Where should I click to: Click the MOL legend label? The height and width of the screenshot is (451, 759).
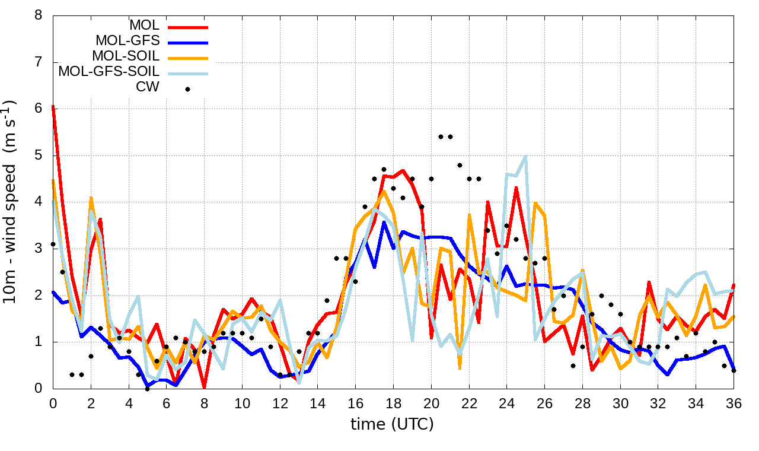pos(144,26)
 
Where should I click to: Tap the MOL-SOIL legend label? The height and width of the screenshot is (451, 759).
pos(126,56)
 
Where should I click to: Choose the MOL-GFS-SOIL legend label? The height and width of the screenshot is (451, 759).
pos(109,72)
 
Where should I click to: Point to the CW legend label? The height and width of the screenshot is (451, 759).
pos(148,87)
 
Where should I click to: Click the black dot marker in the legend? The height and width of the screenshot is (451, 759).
pos(187,89)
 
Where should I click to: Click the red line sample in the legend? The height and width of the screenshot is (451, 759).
pos(187,27)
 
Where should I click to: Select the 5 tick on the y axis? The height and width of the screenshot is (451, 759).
pos(39,155)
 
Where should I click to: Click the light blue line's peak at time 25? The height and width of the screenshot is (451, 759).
pos(525,156)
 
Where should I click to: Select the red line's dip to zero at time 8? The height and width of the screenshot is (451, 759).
pos(205,388)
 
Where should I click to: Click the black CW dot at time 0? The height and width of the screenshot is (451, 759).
pos(53,244)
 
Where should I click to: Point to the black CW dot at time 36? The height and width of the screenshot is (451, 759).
pos(734,370)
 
